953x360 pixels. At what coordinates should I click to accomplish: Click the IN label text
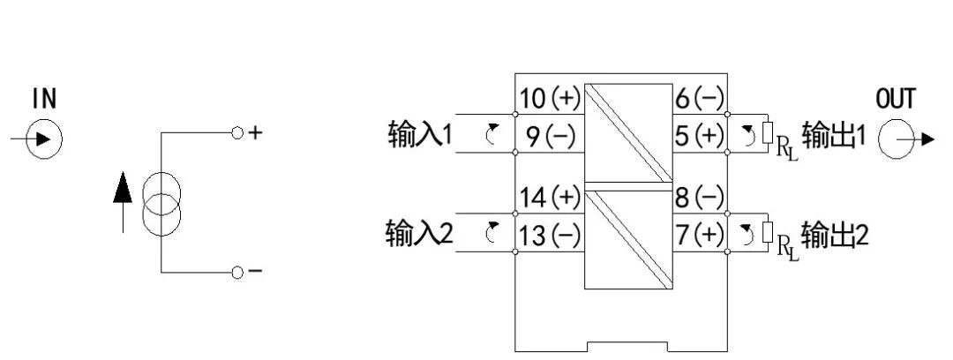[44, 99]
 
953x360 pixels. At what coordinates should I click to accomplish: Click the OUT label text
[896, 99]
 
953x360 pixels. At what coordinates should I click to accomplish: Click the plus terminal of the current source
[236, 133]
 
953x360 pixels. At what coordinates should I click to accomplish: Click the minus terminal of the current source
[236, 272]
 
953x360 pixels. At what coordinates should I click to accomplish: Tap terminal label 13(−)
[549, 236]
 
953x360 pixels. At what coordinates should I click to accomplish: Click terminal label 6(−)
[700, 99]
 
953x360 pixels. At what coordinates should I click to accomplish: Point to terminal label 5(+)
[700, 137]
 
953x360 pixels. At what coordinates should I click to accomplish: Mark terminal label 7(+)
[700, 236]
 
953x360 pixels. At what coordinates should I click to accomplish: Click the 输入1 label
[420, 136]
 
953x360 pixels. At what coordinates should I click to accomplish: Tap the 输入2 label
[420, 235]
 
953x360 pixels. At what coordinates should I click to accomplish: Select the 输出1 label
[835, 137]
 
